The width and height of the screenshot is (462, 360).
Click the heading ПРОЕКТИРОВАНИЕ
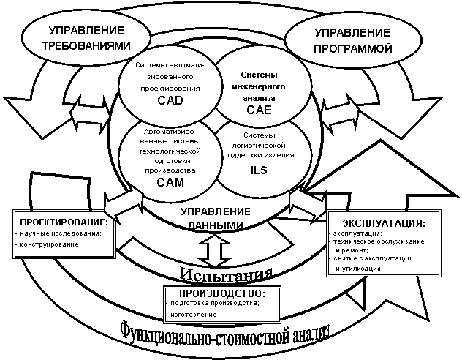tap(64, 222)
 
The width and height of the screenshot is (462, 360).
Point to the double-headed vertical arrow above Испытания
tap(213, 250)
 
